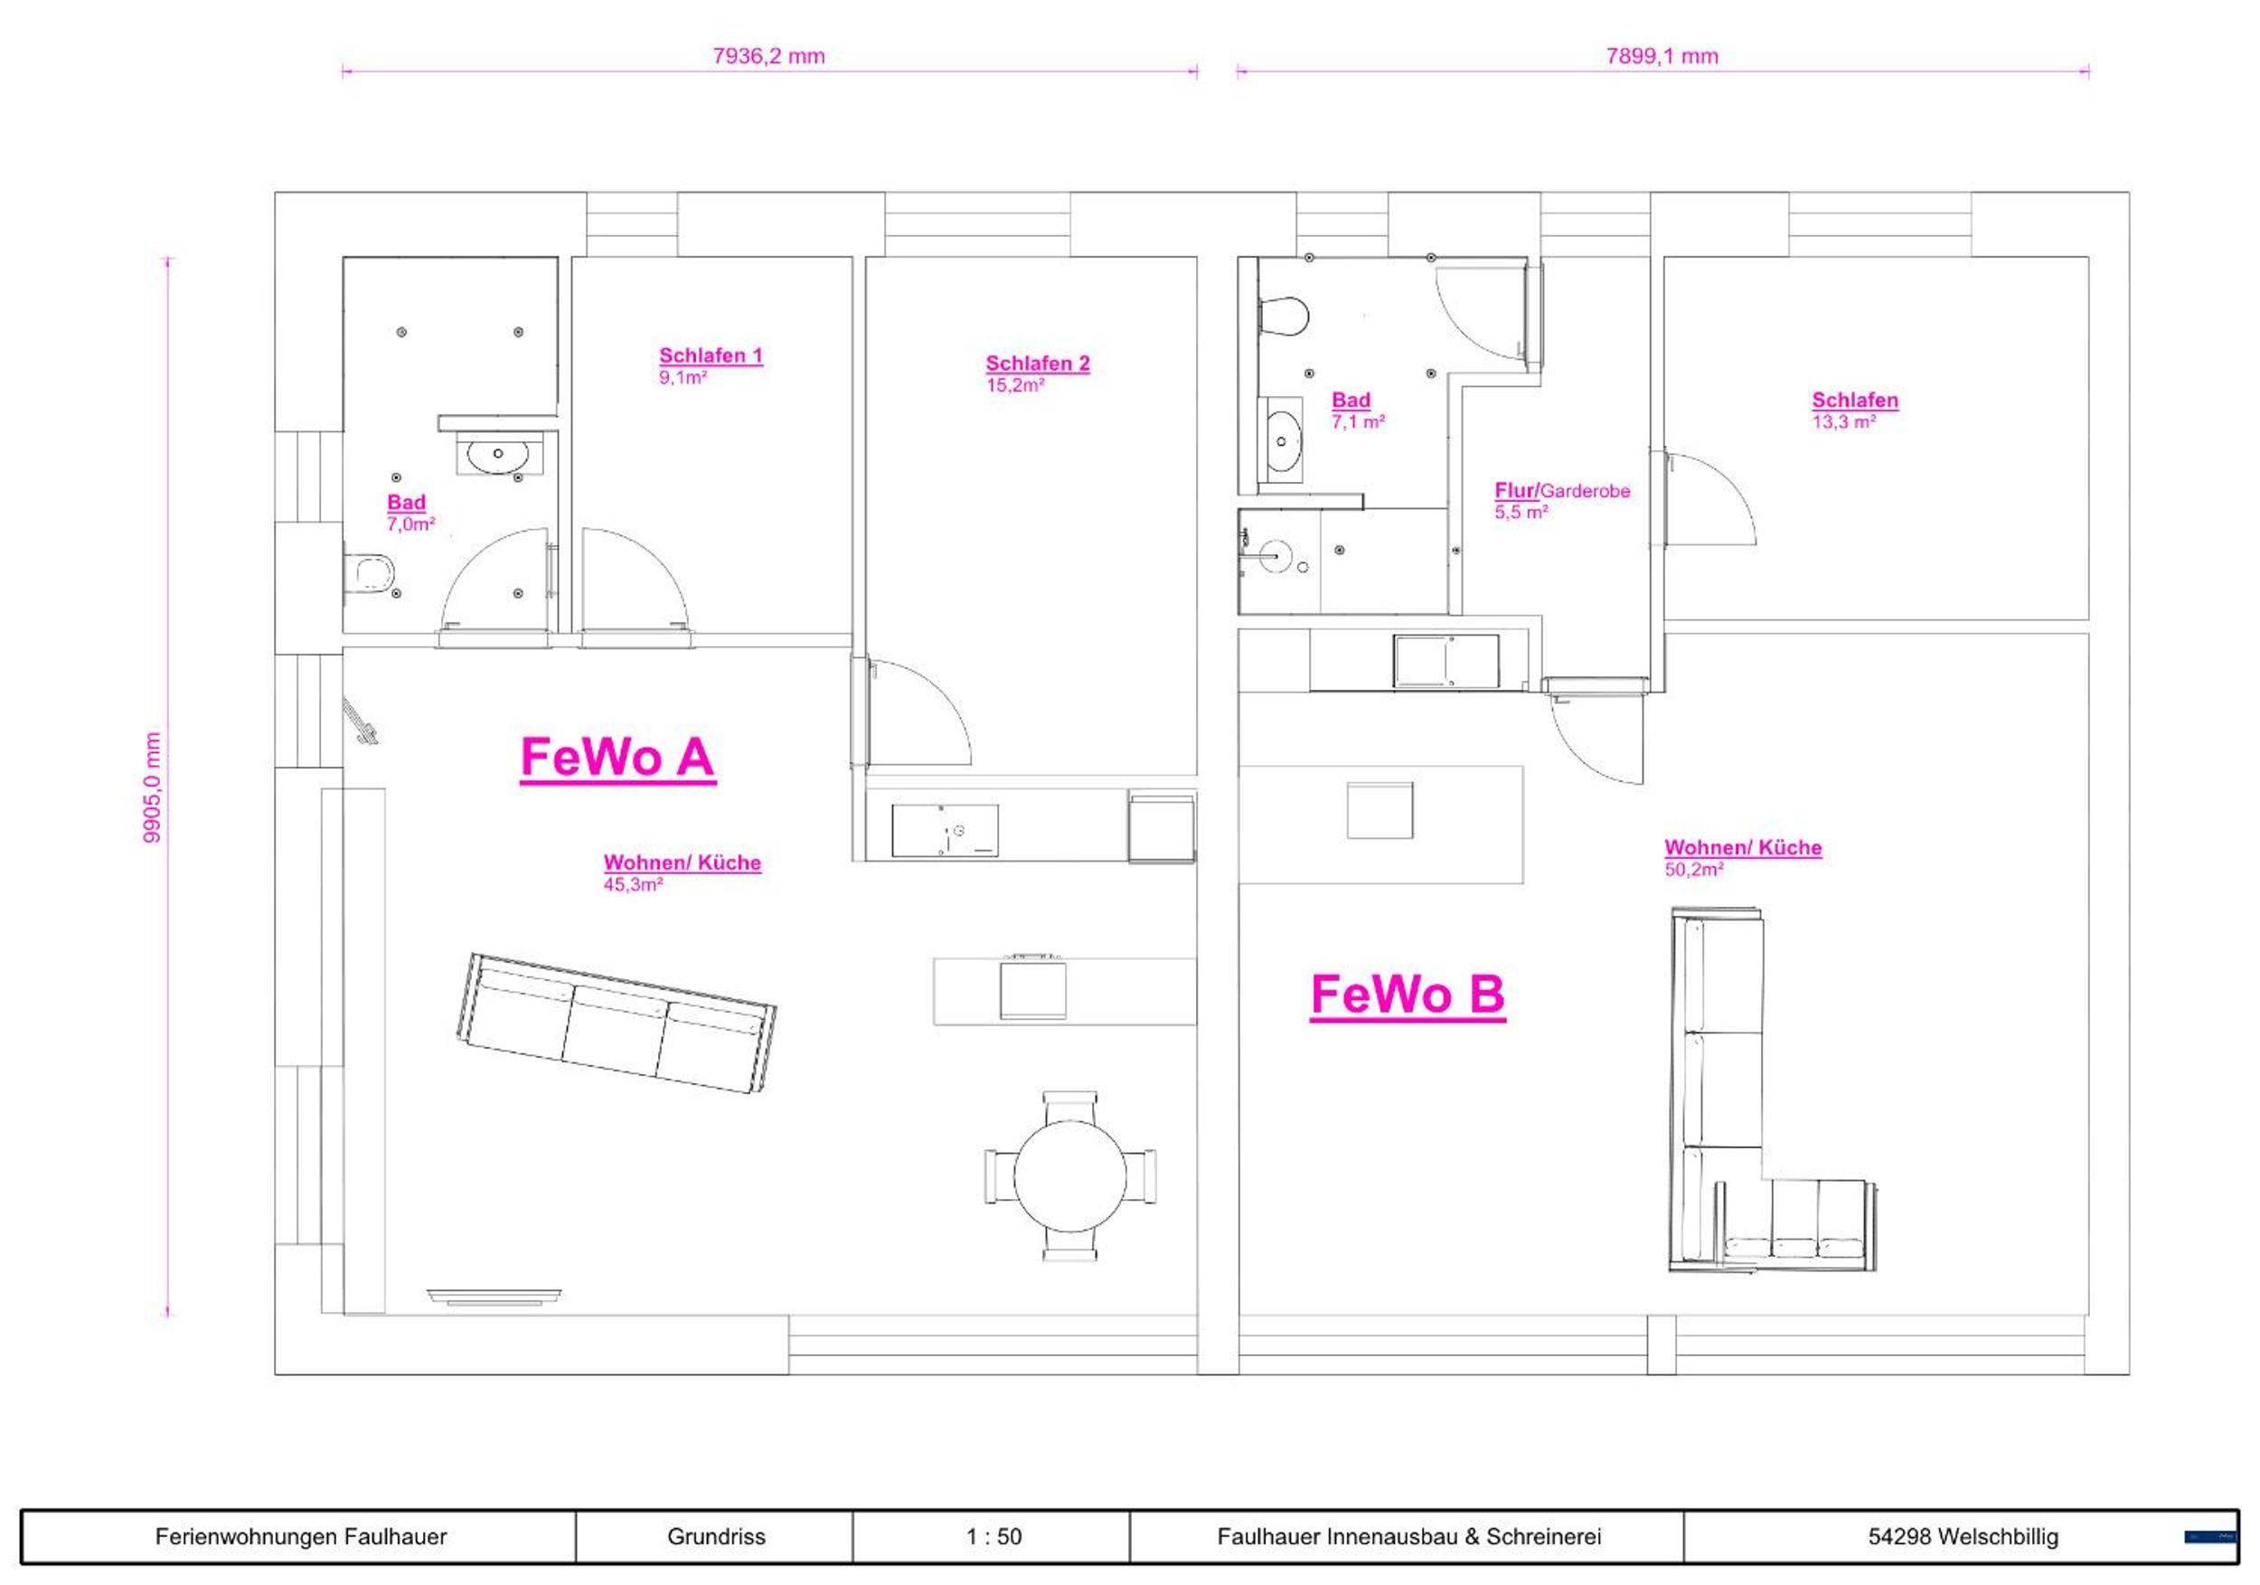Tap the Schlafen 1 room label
coord(711,355)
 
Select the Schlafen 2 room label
coord(1038,363)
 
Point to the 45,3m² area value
coord(633,884)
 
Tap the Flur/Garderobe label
coord(1562,490)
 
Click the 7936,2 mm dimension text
coord(768,56)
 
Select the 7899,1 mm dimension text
coord(1662,56)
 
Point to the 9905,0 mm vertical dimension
coord(153,787)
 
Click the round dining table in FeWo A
coord(1070,1176)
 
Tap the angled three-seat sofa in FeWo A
coord(617,1022)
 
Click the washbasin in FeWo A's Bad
coord(498,454)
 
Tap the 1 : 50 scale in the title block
coord(993,1537)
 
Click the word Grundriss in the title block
coord(716,1537)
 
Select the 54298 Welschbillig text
coord(1963,1537)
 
